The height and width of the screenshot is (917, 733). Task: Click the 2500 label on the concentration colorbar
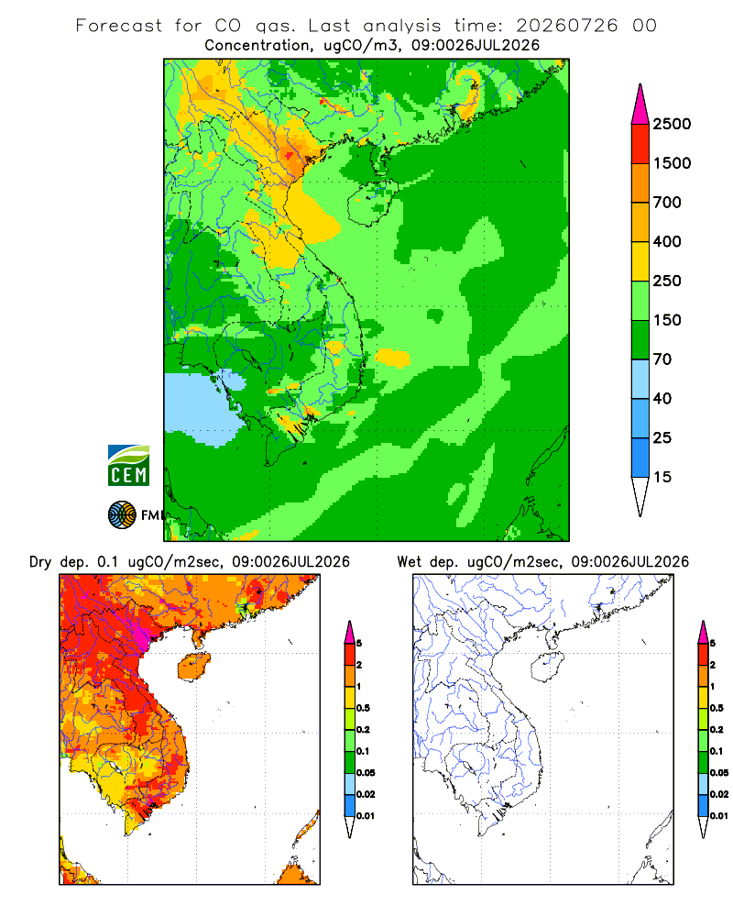pos(672,124)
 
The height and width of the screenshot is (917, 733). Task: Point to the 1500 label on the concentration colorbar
pos(672,163)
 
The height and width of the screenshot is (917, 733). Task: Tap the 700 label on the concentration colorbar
pos(667,203)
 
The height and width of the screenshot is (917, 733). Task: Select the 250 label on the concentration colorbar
pos(667,281)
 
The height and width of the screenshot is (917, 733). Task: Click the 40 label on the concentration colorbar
pos(662,398)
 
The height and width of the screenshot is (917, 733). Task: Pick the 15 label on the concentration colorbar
pos(662,477)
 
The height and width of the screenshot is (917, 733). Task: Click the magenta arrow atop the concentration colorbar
pos(640,105)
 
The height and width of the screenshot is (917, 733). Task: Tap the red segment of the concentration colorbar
pos(640,144)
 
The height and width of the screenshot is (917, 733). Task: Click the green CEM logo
pos(128,466)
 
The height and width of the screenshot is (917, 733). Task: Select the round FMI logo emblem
pos(122,515)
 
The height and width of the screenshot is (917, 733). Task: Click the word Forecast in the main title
pos(119,26)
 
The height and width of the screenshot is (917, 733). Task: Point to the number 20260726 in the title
pos(566,26)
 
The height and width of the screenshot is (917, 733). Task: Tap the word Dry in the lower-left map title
pos(40,562)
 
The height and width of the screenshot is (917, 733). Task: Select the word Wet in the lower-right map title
pos(410,562)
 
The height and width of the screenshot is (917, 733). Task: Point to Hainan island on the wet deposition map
pos(547,668)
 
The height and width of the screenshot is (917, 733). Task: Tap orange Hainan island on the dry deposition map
pos(193,667)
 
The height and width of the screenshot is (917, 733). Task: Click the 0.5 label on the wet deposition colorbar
pos(717,708)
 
